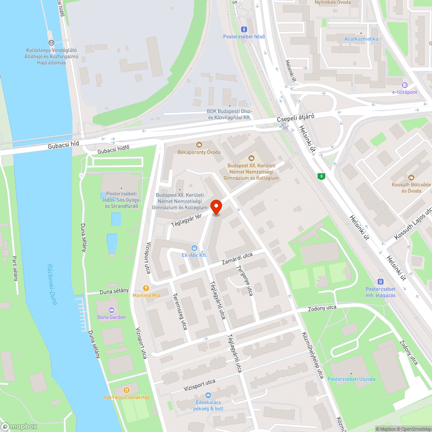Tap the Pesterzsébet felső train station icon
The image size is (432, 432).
point(245,29)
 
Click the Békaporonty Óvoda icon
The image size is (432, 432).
point(199,144)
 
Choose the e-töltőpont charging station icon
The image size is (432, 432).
point(404,85)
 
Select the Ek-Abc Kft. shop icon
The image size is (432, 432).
point(194,248)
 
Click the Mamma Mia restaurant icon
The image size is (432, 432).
point(146,288)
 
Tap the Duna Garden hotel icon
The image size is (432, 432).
point(111,310)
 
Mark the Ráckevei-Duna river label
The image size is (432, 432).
point(52,284)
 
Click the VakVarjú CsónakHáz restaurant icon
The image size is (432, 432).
point(127,390)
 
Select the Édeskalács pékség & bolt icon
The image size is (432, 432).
point(208,395)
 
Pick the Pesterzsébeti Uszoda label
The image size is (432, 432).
point(351,379)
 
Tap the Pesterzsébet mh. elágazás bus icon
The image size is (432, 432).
point(381,281)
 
